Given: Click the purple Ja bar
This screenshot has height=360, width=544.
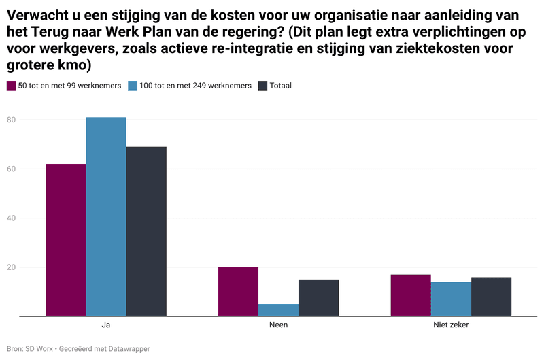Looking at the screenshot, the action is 66,240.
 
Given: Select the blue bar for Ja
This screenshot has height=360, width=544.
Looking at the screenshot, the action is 106,216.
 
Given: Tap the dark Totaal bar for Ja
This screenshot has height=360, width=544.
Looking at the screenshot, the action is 146,231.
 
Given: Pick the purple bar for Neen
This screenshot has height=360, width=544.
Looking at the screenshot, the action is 239,292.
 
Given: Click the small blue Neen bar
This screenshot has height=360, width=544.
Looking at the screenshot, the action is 279,310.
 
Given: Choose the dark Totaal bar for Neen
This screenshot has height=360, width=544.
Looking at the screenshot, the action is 319,298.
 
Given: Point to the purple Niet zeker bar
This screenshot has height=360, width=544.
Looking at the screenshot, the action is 411,295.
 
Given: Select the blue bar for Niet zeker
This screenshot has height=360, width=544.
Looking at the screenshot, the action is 451,299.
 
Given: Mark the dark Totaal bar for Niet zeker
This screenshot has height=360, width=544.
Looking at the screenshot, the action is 491,297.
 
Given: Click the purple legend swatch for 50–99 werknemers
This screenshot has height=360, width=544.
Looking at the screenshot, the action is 11,86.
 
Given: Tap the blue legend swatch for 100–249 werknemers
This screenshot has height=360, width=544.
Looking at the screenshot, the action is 133,86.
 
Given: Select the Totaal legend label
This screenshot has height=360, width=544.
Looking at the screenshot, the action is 281,86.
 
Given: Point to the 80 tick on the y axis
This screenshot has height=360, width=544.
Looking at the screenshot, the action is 11,120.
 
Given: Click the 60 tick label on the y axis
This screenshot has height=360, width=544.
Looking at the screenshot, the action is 11,169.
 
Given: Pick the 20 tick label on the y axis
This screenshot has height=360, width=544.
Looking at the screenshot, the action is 11,267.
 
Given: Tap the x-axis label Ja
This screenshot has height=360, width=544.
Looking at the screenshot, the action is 106,325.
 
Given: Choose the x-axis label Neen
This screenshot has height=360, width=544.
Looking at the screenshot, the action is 279,325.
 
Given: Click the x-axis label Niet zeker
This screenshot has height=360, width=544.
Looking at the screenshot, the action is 451,325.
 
